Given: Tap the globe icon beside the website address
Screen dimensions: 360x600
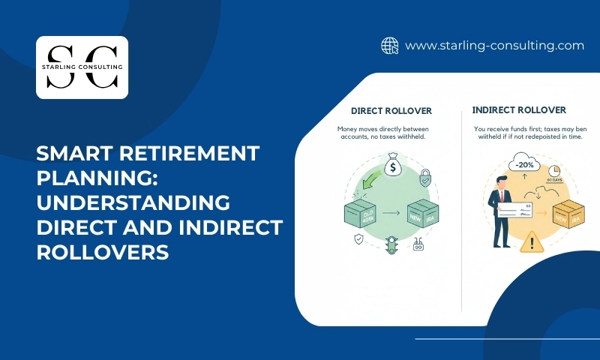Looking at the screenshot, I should click(389, 46).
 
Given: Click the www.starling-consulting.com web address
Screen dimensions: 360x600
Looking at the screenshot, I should click(494, 46).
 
